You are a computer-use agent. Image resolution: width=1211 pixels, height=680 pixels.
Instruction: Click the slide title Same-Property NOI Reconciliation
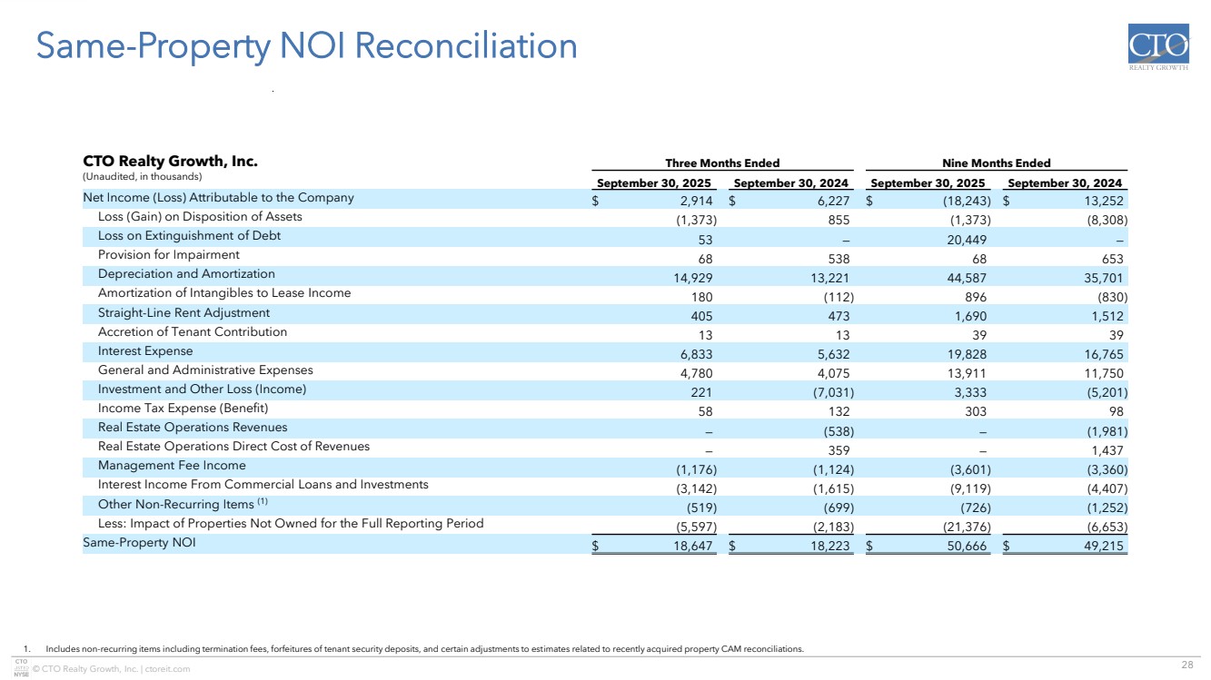(306, 46)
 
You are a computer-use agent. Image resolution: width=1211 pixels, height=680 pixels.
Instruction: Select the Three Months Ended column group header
(722, 163)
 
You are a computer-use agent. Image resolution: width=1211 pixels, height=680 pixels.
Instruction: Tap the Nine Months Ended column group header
(997, 163)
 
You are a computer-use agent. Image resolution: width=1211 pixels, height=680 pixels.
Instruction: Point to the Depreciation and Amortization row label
(186, 274)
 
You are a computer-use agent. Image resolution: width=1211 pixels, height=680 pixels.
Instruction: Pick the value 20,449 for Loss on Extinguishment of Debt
(967, 240)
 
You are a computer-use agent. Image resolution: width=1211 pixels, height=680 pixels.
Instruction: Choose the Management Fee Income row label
(172, 466)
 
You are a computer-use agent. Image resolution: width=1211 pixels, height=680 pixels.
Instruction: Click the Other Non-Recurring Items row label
(179, 505)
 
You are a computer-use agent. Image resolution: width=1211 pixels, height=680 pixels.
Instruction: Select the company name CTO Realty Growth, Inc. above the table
(170, 162)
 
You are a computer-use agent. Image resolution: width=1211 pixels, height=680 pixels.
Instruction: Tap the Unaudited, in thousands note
(142, 176)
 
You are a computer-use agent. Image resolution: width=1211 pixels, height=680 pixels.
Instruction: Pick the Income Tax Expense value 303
(977, 409)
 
